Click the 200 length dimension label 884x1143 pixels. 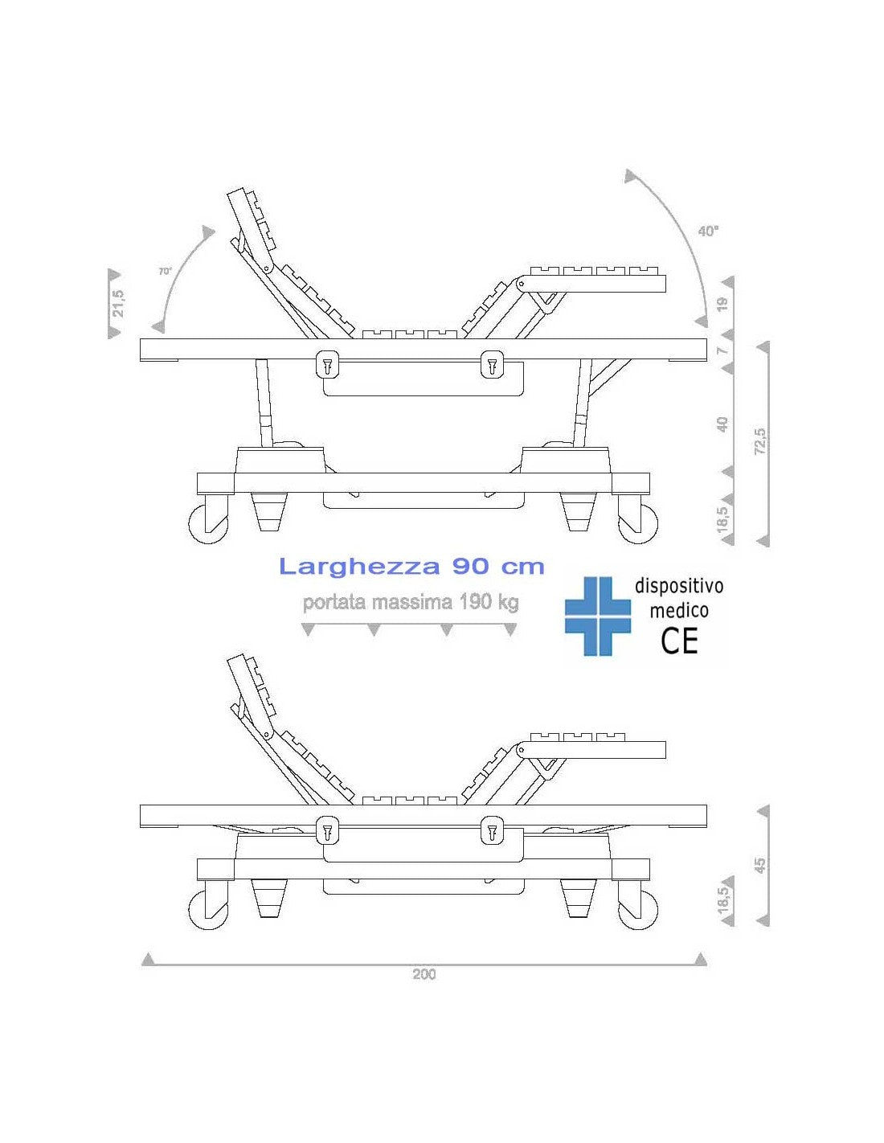[x=424, y=974]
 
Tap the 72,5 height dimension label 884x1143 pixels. [x=760, y=440]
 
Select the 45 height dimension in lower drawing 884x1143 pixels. [x=760, y=865]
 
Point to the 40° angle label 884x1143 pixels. [x=708, y=231]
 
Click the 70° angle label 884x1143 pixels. [x=165, y=272]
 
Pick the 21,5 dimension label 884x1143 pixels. [x=118, y=304]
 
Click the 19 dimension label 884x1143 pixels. [x=723, y=303]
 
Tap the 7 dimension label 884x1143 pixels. [x=723, y=350]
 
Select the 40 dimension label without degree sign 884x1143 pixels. [x=723, y=424]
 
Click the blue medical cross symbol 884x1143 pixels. [x=598, y=616]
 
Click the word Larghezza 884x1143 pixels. [x=359, y=567]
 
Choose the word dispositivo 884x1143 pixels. [x=679, y=586]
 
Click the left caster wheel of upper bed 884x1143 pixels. [x=208, y=523]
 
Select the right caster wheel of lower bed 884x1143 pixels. [x=637, y=909]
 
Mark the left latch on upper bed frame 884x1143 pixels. [x=327, y=364]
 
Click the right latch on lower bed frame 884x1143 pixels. [x=492, y=830]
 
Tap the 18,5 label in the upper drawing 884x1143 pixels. [x=723, y=518]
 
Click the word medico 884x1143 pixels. [x=679, y=611]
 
